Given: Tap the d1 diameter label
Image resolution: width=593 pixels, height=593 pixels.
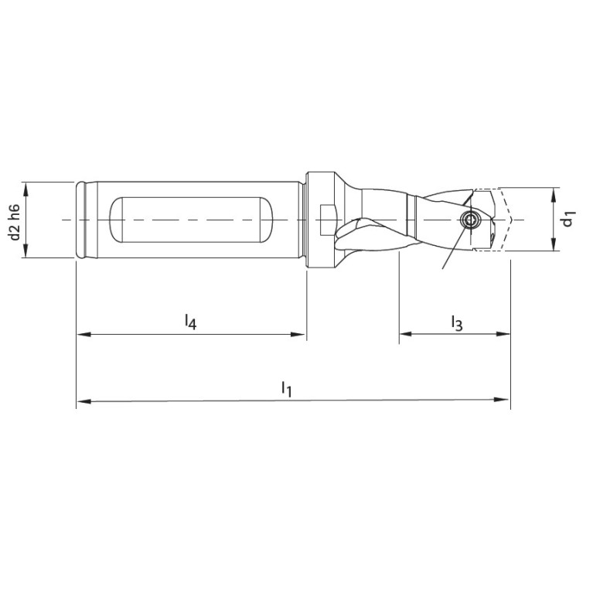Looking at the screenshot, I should click(569, 220).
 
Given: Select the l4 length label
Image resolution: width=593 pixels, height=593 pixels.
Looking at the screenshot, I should click(190, 321).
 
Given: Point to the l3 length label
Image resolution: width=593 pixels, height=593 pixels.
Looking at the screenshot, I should click(455, 322).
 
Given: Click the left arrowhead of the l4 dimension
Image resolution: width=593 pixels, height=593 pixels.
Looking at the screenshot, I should click(81, 335).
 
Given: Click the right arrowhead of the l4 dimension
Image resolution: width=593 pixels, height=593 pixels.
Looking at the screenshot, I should click(301, 335).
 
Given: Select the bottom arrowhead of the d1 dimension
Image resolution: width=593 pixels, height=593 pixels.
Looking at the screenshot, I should click(554, 247).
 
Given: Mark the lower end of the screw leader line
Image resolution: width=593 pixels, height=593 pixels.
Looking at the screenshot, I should click(443, 268).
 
